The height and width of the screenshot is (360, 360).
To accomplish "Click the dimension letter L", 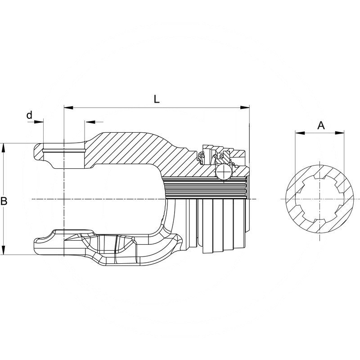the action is coord(156,99).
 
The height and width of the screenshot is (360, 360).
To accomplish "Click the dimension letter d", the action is coord(29,115).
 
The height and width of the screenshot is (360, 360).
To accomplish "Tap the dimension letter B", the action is coord(4,201).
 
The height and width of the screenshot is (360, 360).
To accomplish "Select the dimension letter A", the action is coord(321,126).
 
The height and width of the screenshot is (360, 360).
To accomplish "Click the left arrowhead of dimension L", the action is coord(68,108).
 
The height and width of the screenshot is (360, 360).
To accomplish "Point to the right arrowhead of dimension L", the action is coord(245,108).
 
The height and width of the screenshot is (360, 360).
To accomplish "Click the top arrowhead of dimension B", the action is coord(3,148).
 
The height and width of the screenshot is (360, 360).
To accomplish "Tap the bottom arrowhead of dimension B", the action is coord(3,250).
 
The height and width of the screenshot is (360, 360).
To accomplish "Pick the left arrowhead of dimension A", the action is coord(300,133).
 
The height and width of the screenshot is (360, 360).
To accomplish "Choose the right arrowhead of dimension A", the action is coord(340,133).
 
